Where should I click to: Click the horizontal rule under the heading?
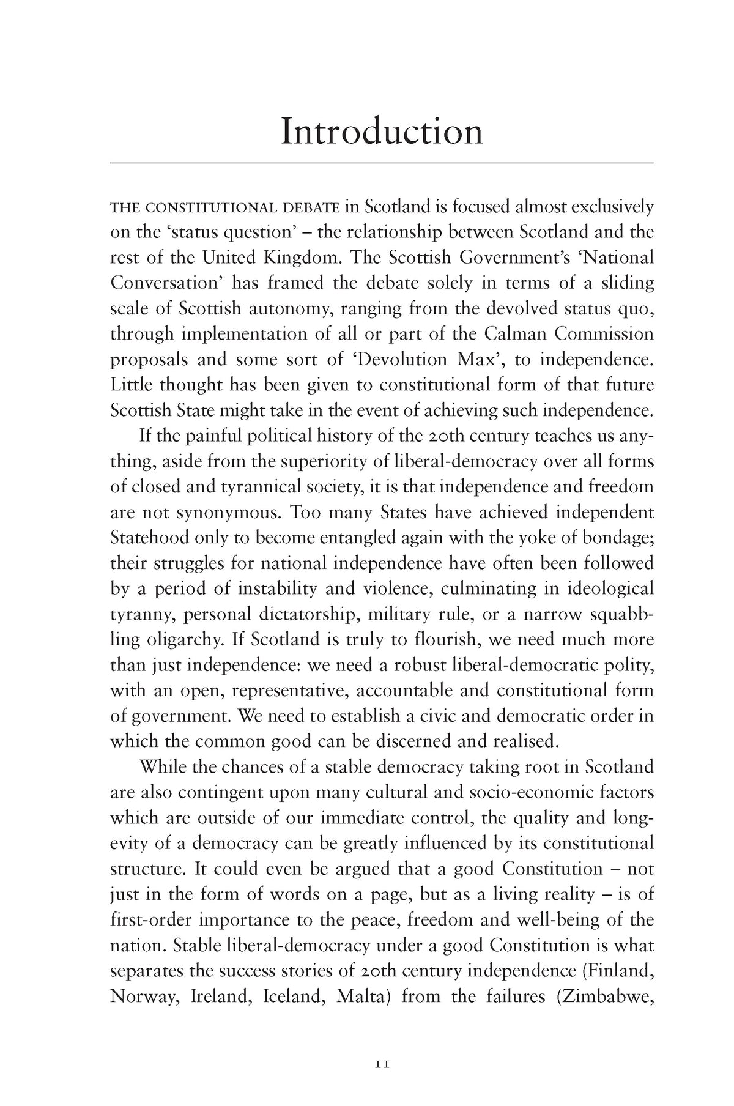click(x=382, y=163)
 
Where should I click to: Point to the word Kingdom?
click(x=296, y=258)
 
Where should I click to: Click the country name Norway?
click(x=144, y=996)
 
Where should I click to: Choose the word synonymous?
click(x=221, y=512)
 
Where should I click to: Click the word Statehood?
click(x=149, y=538)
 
